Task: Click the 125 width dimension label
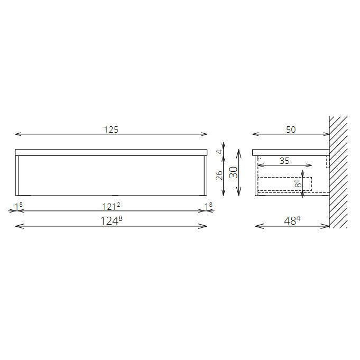click(x=111, y=130)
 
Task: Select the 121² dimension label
click(x=111, y=206)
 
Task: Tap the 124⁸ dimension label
click(x=112, y=220)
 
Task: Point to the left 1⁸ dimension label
click(x=19, y=206)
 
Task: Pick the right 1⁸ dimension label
click(x=208, y=206)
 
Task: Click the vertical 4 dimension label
click(x=219, y=152)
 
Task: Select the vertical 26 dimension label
click(x=219, y=176)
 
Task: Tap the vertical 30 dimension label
click(x=234, y=172)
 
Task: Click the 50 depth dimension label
click(x=291, y=130)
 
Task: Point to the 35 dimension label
click(x=284, y=161)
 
